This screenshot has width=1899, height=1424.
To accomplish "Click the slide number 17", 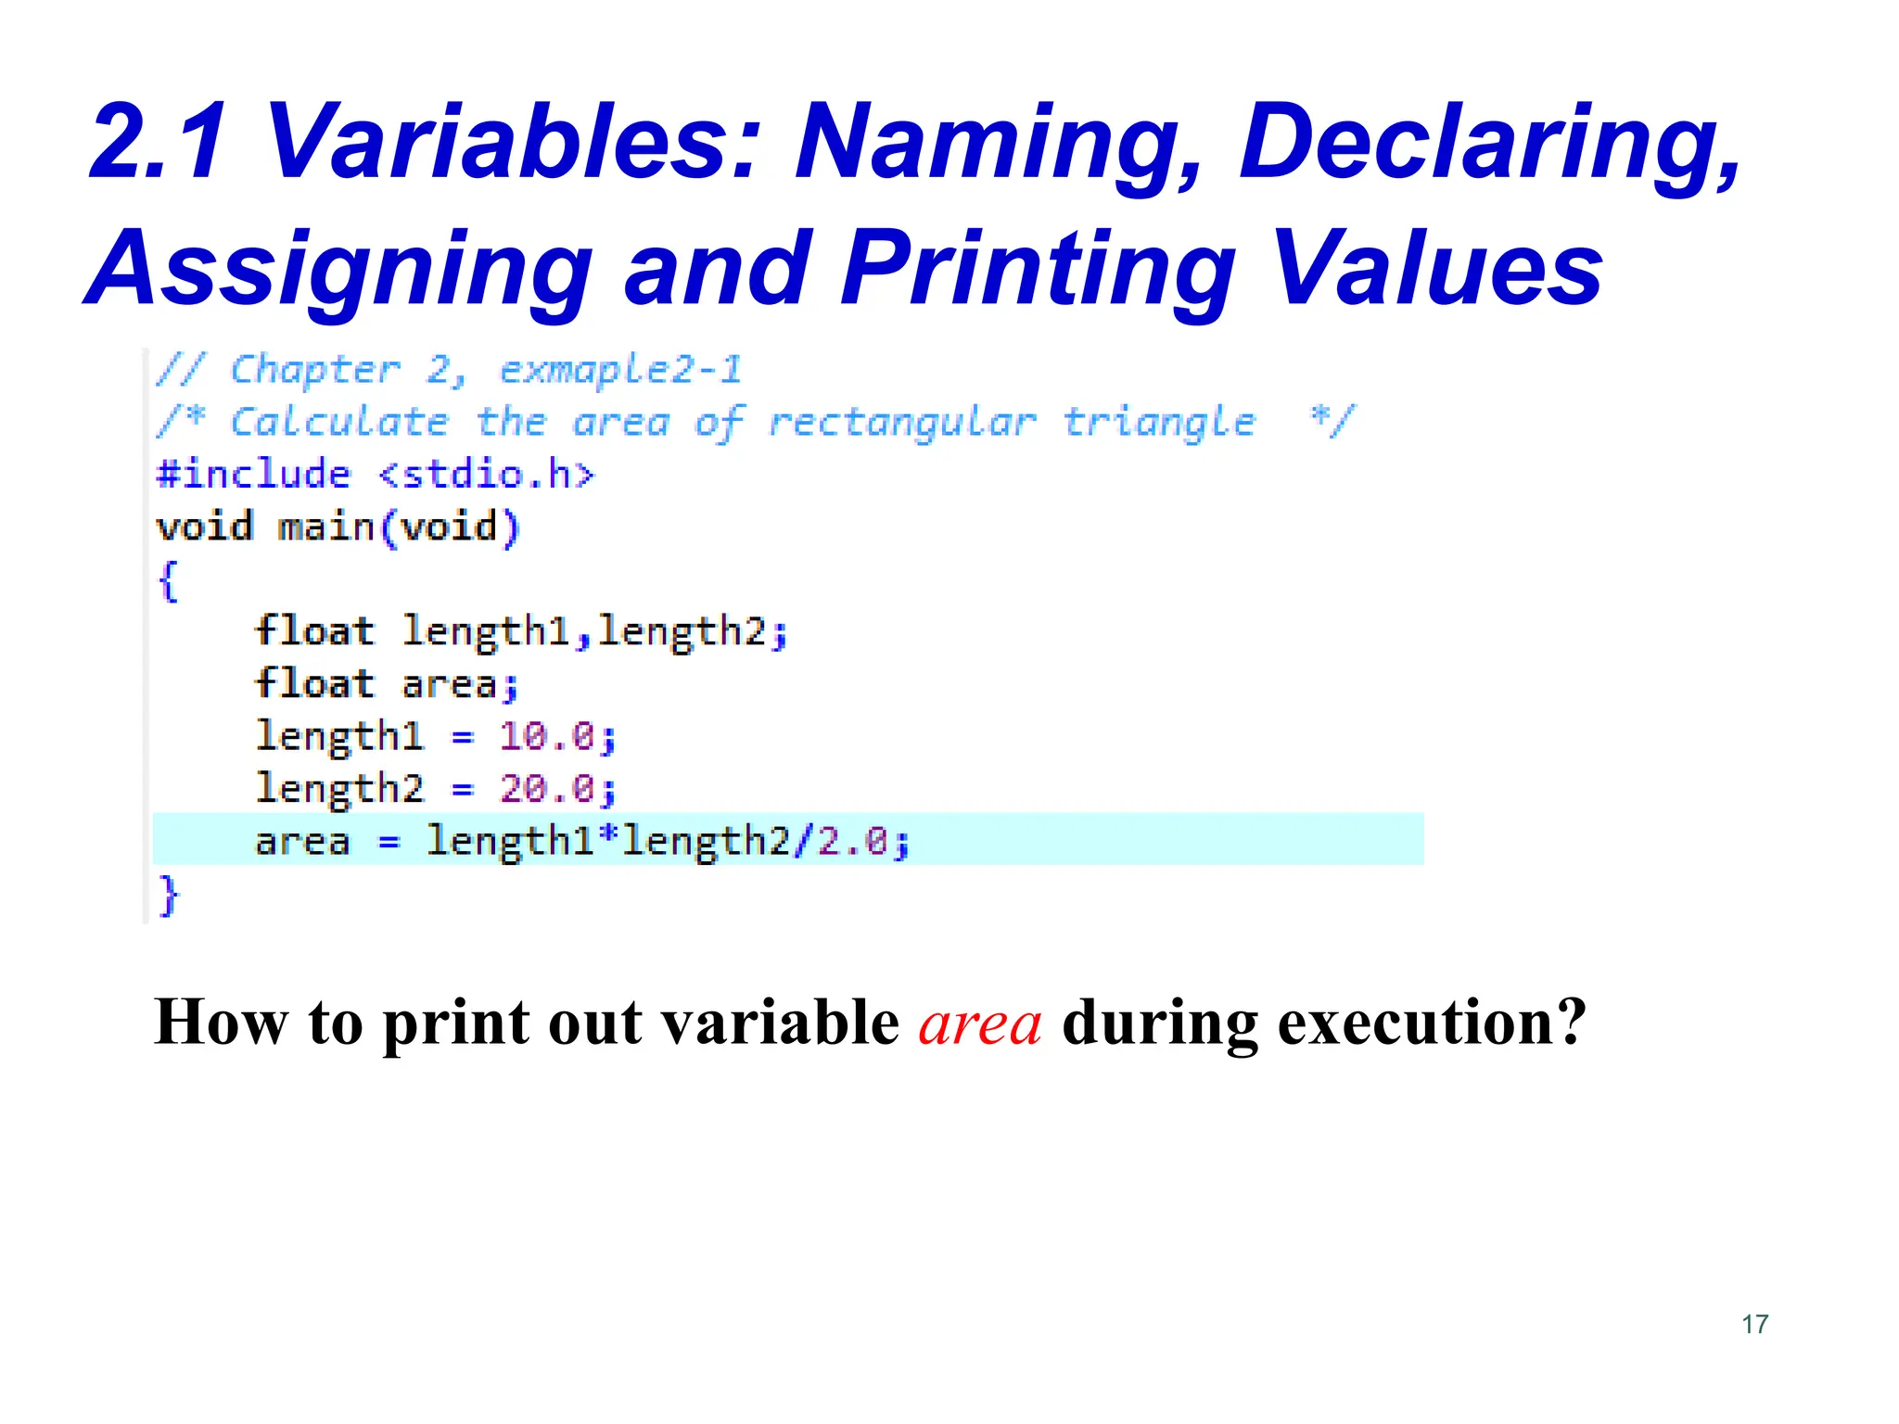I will pos(1754,1324).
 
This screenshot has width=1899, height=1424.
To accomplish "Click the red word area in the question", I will pos(980,1023).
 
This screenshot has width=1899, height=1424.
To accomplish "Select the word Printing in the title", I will pos(1039,269).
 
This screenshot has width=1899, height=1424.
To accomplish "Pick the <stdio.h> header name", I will pos(487,475).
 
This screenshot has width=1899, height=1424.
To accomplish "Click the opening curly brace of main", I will pos(168,581).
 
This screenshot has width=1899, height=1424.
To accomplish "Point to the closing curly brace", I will pos(168,896).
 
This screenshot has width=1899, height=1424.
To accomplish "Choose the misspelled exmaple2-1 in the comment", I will pos(620,370).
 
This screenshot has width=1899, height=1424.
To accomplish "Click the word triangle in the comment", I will pos(1159,423).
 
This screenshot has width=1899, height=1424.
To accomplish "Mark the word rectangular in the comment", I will pos(901,423).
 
